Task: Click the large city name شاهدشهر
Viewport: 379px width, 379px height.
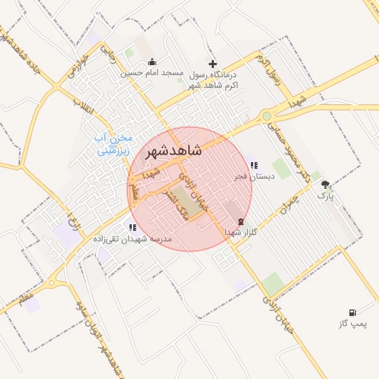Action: click(175, 151)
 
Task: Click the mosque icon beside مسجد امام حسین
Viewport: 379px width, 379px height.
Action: click(152, 62)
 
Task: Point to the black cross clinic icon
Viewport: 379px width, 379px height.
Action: click(213, 64)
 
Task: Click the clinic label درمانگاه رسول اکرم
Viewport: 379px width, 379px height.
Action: click(215, 80)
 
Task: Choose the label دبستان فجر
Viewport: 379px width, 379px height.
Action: click(255, 176)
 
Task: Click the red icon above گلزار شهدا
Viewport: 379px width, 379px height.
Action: click(240, 221)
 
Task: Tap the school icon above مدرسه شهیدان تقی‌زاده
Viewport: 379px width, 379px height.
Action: click(132, 228)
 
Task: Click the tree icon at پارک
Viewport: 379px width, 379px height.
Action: click(326, 185)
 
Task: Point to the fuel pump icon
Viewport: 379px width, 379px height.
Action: click(352, 313)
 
